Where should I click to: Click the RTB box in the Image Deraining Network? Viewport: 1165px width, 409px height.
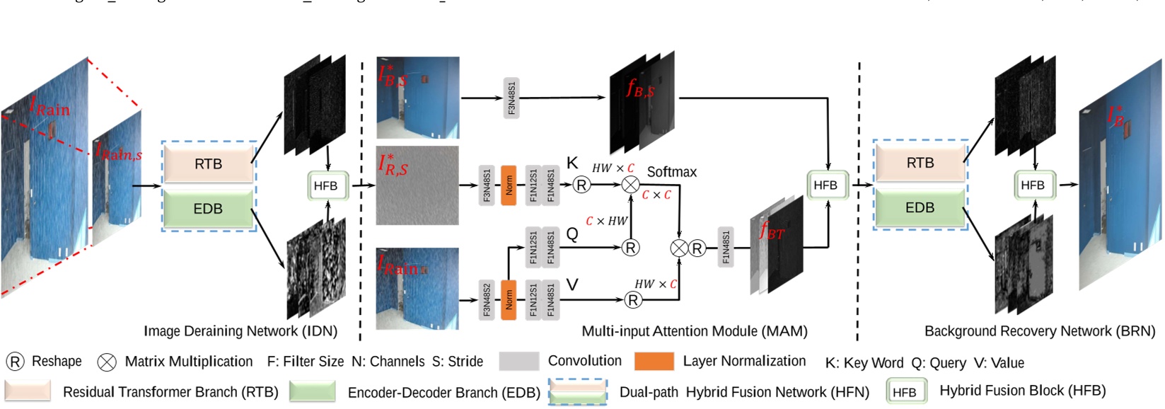pyautogui.click(x=208, y=163)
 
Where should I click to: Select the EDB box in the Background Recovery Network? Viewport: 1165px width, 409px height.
pyautogui.click(x=920, y=208)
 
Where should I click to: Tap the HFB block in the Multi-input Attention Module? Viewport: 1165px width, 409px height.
pyautogui.click(x=825, y=185)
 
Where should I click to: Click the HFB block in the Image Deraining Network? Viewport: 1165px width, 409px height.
pyautogui.click(x=325, y=186)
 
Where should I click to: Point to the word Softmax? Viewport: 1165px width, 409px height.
pyautogui.click(x=671, y=172)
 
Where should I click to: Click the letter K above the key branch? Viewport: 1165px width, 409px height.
pyautogui.click(x=572, y=163)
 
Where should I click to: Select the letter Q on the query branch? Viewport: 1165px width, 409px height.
pyautogui.click(x=572, y=234)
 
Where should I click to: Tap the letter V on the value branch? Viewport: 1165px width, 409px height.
pyautogui.click(x=572, y=284)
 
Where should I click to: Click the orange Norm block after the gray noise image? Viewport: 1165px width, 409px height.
pyautogui.click(x=509, y=185)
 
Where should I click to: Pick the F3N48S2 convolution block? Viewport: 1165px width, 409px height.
pyautogui.click(x=487, y=300)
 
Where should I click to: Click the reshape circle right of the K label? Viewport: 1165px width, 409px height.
pyautogui.click(x=581, y=185)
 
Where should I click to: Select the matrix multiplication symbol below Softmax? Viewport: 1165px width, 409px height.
pyautogui.click(x=630, y=185)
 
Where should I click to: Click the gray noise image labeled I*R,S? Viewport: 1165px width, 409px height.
pyautogui.click(x=417, y=186)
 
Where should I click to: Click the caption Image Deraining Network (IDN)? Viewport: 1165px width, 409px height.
pyautogui.click(x=240, y=331)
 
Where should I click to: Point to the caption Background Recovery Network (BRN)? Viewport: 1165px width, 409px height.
pyautogui.click(x=1039, y=331)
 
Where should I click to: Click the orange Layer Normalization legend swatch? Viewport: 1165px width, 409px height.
pyautogui.click(x=654, y=362)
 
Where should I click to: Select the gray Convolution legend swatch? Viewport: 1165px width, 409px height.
pyautogui.click(x=518, y=362)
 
